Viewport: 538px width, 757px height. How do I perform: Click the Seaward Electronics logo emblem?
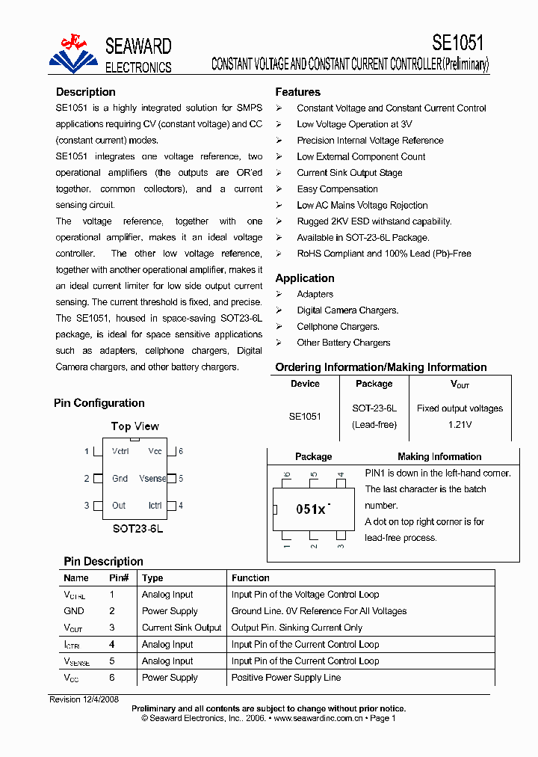click(x=73, y=54)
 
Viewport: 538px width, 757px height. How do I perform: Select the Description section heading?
click(x=85, y=92)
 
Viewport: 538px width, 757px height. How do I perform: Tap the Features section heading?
click(x=297, y=92)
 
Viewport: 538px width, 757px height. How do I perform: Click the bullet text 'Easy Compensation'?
click(x=337, y=189)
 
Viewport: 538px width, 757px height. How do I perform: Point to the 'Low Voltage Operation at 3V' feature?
click(x=354, y=124)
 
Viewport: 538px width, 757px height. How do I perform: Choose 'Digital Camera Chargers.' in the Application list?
click(x=347, y=310)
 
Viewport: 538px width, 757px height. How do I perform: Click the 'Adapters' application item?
click(x=315, y=294)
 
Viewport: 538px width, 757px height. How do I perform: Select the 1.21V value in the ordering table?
click(x=460, y=425)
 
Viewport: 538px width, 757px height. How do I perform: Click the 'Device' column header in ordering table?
click(x=305, y=384)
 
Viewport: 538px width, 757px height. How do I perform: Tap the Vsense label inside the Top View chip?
click(x=152, y=479)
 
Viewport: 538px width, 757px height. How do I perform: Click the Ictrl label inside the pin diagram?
click(x=155, y=506)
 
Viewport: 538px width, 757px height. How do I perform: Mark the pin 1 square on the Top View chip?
click(x=98, y=452)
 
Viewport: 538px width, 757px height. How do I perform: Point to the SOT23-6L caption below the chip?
click(x=137, y=528)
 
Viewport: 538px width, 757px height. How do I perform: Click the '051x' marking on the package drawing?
click(x=311, y=509)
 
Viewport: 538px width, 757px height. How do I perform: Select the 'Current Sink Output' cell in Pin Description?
click(x=182, y=628)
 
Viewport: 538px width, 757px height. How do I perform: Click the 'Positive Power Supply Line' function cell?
click(x=286, y=678)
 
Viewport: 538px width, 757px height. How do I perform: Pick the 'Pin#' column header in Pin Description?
click(x=119, y=578)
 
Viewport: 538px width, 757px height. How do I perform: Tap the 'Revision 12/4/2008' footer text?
click(x=84, y=699)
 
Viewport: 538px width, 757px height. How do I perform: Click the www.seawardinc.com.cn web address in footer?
click(x=318, y=718)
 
